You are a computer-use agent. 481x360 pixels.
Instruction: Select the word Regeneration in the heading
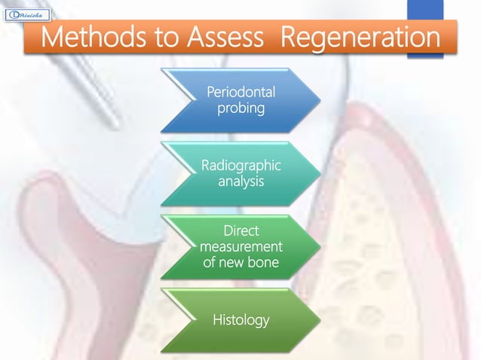pyautogui.click(x=360, y=38)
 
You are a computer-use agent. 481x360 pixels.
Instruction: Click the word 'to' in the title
pyautogui.click(x=155, y=38)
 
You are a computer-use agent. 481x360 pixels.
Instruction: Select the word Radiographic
pyautogui.click(x=240, y=166)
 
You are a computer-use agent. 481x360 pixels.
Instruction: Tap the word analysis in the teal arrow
pyautogui.click(x=240, y=182)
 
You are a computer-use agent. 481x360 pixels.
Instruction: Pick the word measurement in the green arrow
pyautogui.click(x=240, y=247)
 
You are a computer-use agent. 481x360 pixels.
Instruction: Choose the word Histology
pyautogui.click(x=240, y=320)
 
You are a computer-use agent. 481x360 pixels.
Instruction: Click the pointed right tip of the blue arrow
pyautogui.click(x=317, y=100)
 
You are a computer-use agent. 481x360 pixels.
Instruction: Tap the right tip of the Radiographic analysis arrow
pyautogui.click(x=317, y=174)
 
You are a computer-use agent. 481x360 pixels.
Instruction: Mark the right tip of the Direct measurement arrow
pyautogui.click(x=317, y=247)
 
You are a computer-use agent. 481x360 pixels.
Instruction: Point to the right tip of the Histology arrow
pyautogui.click(x=317, y=320)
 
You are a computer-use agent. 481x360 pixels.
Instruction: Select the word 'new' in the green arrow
pyautogui.click(x=231, y=262)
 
